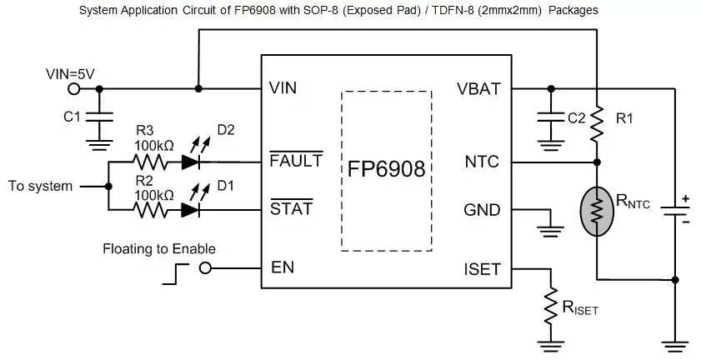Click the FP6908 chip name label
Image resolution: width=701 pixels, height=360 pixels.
click(x=386, y=170)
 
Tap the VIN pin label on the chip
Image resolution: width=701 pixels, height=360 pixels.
click(x=283, y=87)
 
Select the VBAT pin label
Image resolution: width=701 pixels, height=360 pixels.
click(x=478, y=87)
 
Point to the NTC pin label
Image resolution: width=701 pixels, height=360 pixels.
click(x=482, y=161)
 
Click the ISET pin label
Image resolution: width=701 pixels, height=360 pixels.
click(x=481, y=268)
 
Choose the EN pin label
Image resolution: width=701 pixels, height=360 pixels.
click(x=283, y=268)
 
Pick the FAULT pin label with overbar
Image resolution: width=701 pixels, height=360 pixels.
click(x=296, y=161)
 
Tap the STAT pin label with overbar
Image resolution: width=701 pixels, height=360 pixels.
click(x=291, y=208)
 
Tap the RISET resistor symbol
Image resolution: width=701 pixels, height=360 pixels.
click(x=549, y=308)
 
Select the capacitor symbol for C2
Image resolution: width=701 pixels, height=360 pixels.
click(x=549, y=118)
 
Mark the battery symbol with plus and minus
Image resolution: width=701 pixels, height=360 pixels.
click(x=674, y=211)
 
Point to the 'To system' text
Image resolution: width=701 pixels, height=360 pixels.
click(x=40, y=186)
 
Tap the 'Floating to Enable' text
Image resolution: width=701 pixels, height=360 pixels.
click(x=159, y=248)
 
